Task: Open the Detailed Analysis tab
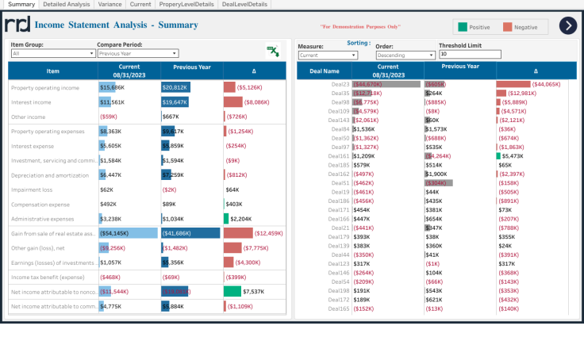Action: [67, 5]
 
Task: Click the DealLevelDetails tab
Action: [244, 5]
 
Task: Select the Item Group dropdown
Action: [52, 54]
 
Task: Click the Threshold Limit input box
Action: [470, 55]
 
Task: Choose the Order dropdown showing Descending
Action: [405, 56]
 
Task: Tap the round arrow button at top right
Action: [567, 26]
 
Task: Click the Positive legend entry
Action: [474, 27]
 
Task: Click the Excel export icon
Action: [272, 51]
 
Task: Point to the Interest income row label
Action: [32, 102]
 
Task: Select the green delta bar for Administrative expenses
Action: [226, 218]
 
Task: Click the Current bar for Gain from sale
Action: [128, 233]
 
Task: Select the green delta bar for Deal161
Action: [498, 156]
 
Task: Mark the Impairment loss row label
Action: [33, 190]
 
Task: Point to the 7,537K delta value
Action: [254, 291]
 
